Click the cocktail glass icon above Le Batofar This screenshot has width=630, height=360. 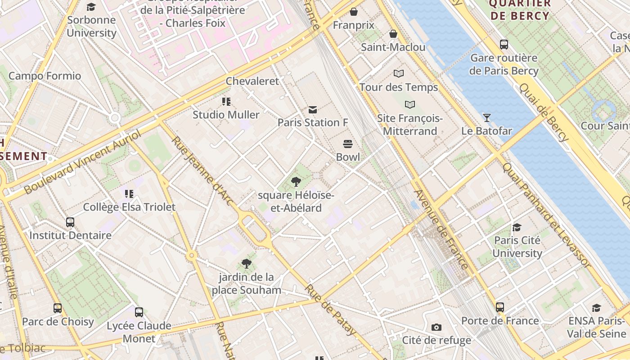tap(486, 118)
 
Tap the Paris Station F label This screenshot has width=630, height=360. tap(313, 122)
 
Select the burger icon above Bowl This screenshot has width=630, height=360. tap(348, 144)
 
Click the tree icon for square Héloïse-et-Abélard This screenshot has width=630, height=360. tap(296, 182)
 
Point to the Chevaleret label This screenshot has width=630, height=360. tap(252, 81)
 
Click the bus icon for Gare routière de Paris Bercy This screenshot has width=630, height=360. tap(504, 45)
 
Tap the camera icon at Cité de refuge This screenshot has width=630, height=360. tap(436, 327)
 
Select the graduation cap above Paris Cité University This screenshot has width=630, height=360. tap(517, 227)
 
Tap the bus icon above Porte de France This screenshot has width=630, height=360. tap(500, 307)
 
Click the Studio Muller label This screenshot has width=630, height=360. tap(226, 115)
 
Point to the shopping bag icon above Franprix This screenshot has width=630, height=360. tap(354, 12)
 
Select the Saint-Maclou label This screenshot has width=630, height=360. tap(393, 47)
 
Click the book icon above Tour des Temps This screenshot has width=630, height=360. tap(399, 73)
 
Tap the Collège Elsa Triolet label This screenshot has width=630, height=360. tap(129, 207)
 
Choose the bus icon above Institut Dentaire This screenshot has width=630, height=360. tap(70, 222)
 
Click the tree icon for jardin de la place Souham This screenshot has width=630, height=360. tap(246, 264)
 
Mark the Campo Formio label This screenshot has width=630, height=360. tap(45, 76)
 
